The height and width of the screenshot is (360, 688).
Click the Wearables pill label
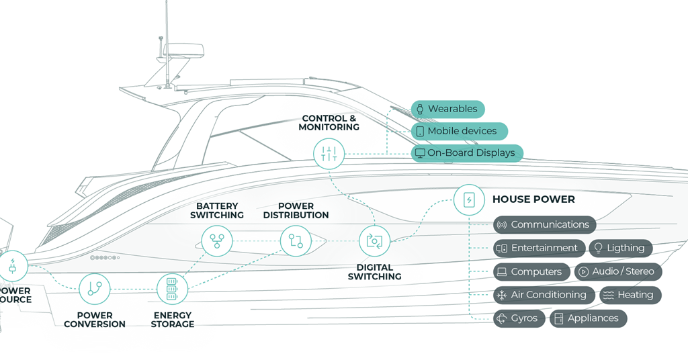click(447, 109)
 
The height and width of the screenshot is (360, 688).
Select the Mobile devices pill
click(459, 131)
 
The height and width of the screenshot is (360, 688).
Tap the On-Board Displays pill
click(466, 153)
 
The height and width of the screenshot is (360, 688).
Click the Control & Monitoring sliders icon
click(329, 154)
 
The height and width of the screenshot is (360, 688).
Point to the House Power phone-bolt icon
click(468, 199)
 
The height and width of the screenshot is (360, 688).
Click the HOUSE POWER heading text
click(533, 199)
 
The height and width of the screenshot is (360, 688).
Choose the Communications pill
click(544, 225)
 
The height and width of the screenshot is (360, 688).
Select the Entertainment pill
click(539, 248)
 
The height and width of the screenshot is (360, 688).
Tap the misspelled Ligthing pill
click(620, 248)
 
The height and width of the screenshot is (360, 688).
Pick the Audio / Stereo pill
click(617, 272)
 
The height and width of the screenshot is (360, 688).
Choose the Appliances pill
click(588, 318)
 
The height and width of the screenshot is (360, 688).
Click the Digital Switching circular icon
click(374, 241)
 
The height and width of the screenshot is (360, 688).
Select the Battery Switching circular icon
click(217, 241)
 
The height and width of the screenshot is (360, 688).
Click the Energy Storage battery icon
click(172, 289)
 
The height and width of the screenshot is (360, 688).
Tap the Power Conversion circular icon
click(94, 289)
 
